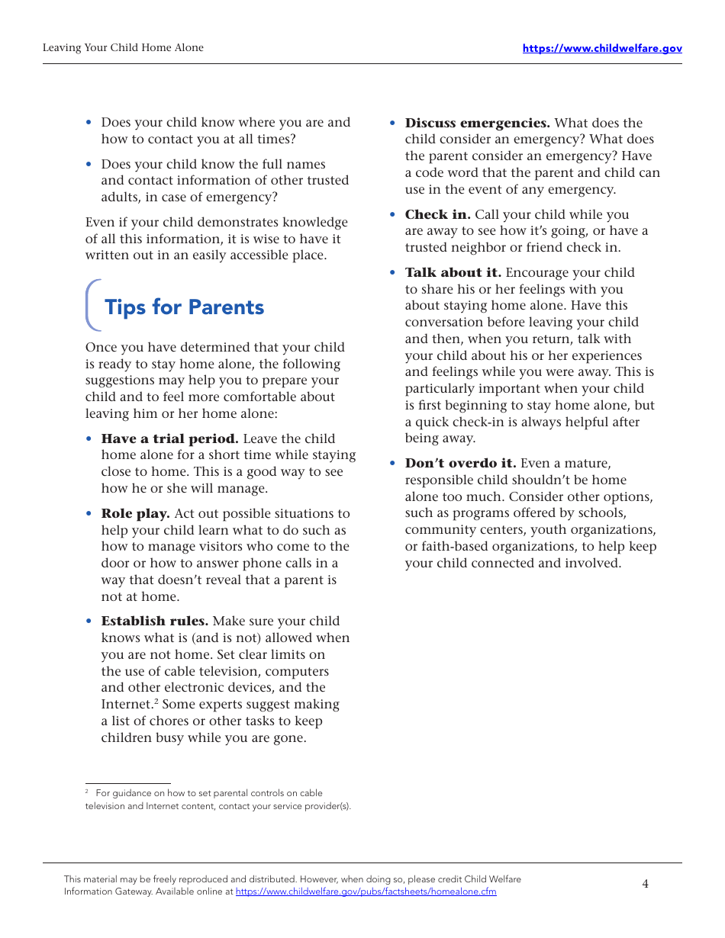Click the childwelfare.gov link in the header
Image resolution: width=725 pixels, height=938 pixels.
(602, 48)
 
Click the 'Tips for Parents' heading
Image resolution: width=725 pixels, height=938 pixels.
(184, 307)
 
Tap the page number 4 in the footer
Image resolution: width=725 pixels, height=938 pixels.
(645, 884)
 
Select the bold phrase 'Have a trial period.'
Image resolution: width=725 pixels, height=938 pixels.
(169, 438)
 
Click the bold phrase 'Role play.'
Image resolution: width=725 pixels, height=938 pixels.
(135, 513)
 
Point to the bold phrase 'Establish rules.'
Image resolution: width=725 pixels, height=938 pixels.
(154, 622)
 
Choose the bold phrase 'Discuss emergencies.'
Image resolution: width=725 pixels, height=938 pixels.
(477, 123)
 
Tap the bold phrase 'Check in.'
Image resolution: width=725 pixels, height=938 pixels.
(437, 214)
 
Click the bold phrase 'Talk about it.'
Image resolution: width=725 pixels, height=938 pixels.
(453, 272)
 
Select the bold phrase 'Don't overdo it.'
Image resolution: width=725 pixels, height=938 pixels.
(460, 463)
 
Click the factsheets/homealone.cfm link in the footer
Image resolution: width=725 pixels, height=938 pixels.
(366, 891)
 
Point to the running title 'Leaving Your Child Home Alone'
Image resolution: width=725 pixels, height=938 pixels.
(123, 47)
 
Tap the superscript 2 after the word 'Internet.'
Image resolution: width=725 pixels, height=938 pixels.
(156, 701)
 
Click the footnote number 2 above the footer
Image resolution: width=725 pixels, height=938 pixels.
(87, 792)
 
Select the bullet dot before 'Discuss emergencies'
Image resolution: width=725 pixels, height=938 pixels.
(393, 123)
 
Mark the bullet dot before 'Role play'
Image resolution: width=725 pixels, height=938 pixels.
(89, 514)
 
